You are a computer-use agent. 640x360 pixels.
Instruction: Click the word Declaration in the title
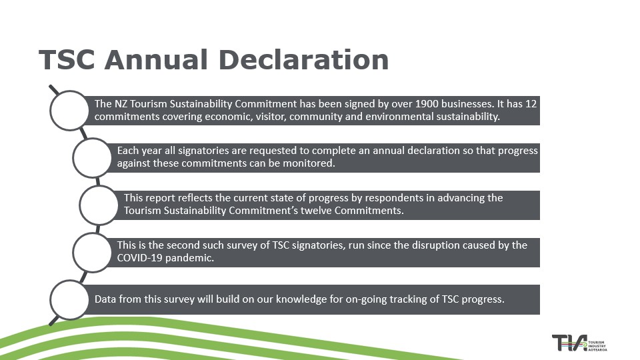click(x=304, y=59)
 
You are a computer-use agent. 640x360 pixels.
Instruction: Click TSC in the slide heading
click(x=67, y=59)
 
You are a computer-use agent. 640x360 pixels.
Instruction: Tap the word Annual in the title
click(x=156, y=59)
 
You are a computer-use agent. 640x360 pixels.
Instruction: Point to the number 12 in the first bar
click(x=531, y=104)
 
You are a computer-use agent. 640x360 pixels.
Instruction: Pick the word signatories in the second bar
click(x=203, y=151)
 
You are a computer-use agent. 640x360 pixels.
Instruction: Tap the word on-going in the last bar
click(x=366, y=299)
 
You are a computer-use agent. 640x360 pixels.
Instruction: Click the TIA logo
click(x=579, y=343)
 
